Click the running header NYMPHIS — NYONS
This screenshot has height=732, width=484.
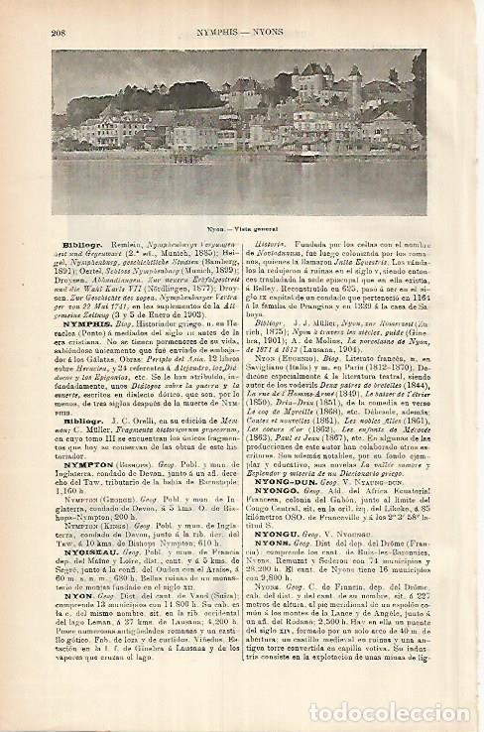(244, 32)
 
